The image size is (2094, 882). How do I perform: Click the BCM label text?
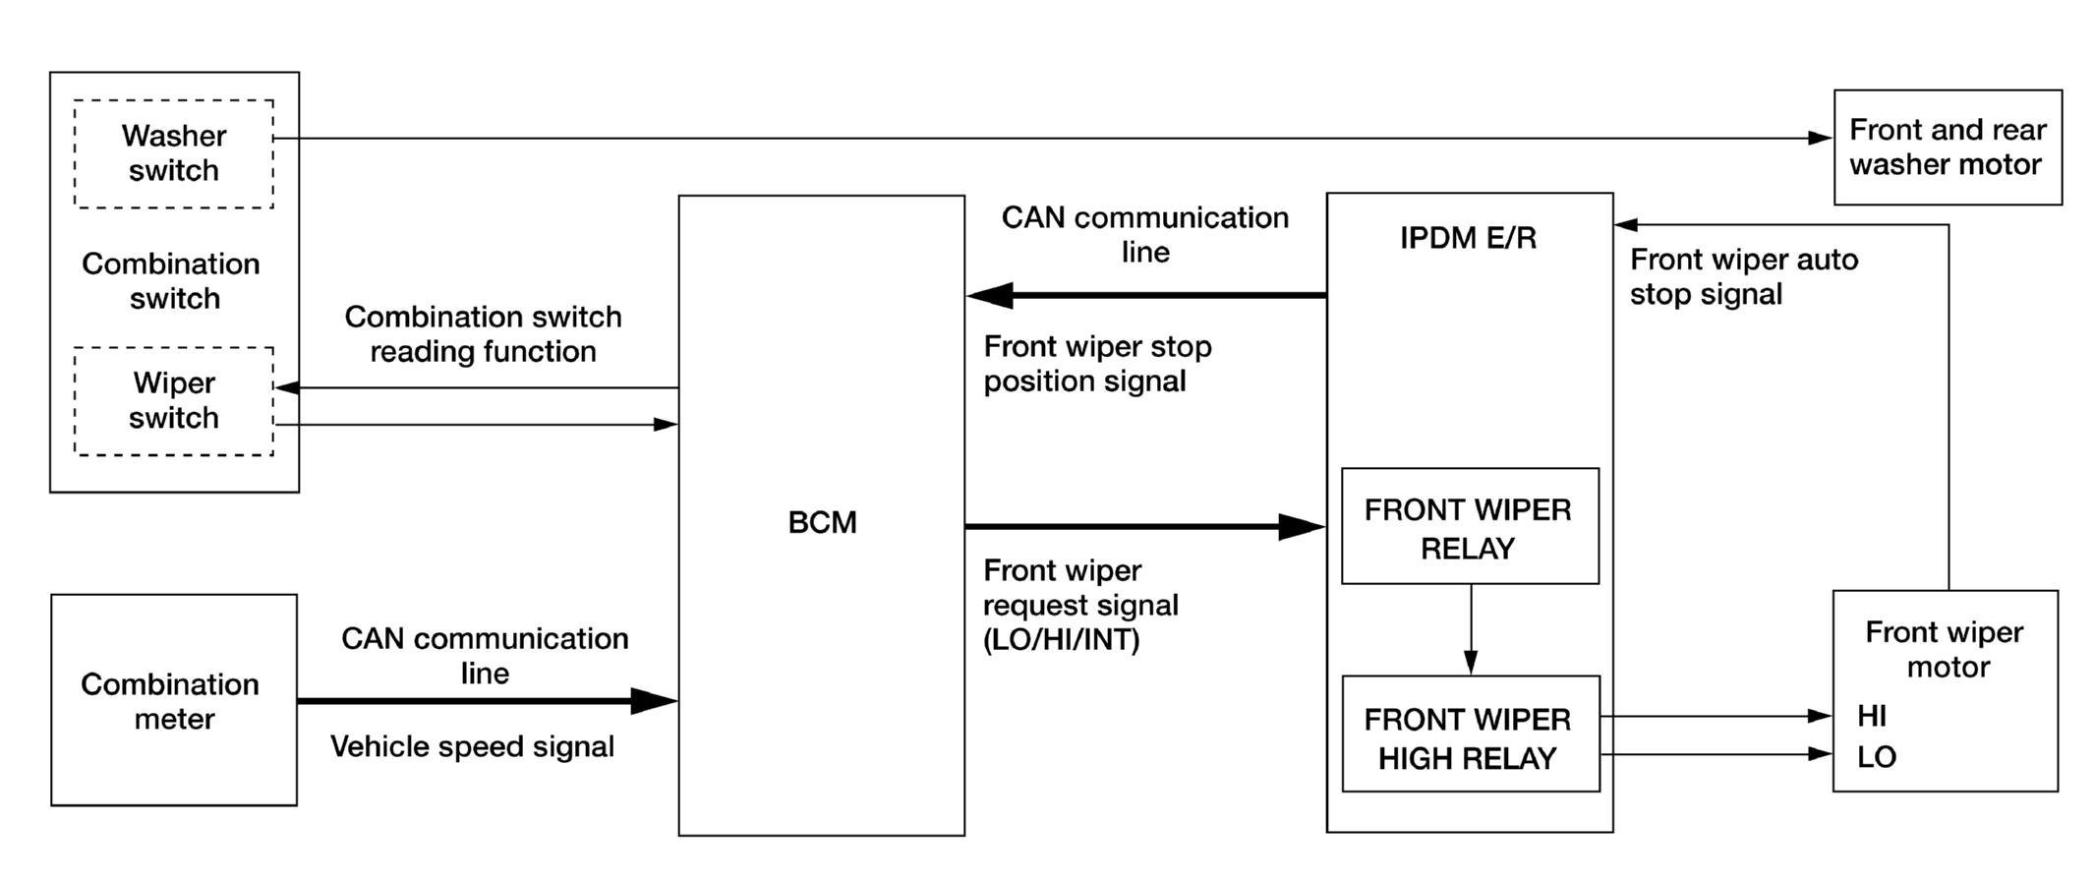pyautogui.click(x=822, y=522)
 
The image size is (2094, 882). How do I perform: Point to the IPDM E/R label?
pyautogui.click(x=1468, y=238)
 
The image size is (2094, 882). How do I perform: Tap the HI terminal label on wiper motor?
pyautogui.click(x=1872, y=716)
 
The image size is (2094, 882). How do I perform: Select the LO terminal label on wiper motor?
pyautogui.click(x=1877, y=756)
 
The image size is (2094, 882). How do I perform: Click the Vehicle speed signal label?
pyautogui.click(x=472, y=746)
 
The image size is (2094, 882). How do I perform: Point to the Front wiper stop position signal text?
pyautogui.click(x=1097, y=364)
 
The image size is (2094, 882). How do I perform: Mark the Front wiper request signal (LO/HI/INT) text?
pyautogui.click(x=1080, y=605)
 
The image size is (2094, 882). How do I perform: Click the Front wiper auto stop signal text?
pyautogui.click(x=1744, y=276)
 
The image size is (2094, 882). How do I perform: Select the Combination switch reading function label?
pyautogui.click(x=483, y=334)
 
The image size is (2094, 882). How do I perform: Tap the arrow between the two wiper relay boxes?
pyautogui.click(x=1471, y=629)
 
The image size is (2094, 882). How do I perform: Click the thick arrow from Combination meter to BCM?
pyautogui.click(x=488, y=701)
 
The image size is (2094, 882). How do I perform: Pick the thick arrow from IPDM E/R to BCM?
pyautogui.click(x=1146, y=295)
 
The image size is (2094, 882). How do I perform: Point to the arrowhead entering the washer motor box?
pyautogui.click(x=1821, y=139)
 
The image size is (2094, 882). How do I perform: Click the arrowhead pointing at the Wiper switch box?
pyautogui.click(x=287, y=387)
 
